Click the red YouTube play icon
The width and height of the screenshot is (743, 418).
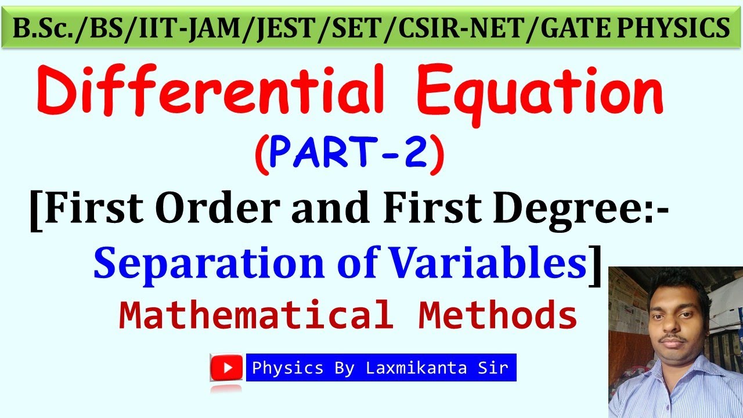(x=226, y=367)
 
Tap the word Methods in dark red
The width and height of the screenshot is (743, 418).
(x=497, y=316)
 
